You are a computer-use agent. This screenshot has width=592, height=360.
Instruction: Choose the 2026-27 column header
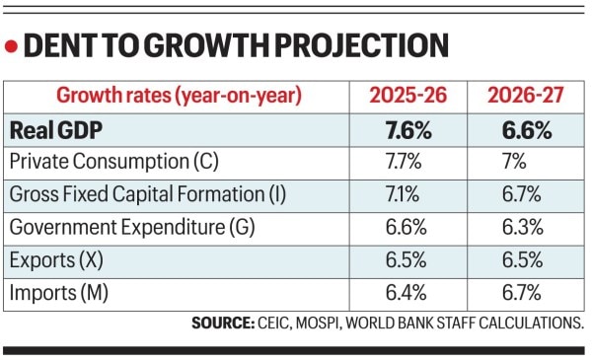pos(522,97)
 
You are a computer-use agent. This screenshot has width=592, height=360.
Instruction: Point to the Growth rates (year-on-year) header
pos(179,97)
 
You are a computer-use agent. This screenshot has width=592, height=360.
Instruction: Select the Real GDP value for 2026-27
pos(522,130)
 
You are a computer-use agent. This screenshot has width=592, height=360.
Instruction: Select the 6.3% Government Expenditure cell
pos(522,227)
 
